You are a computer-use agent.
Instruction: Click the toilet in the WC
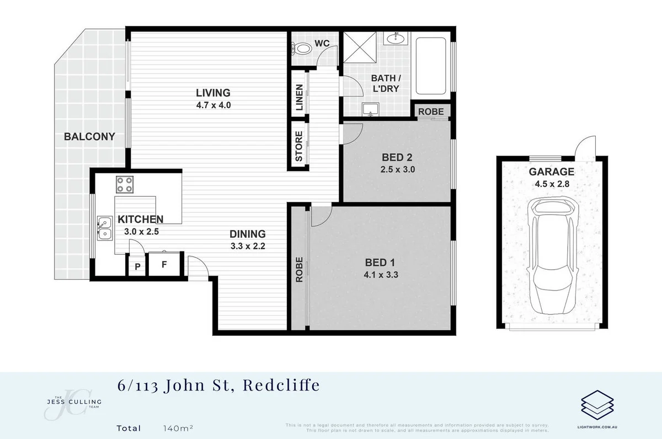pyautogui.click(x=302, y=50)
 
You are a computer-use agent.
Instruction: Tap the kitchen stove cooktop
pyautogui.click(x=125, y=184)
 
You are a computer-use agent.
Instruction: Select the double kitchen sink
pyautogui.click(x=104, y=228)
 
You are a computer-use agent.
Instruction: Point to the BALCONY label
pyautogui.click(x=89, y=137)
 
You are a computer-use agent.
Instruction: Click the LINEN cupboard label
pyautogui.click(x=300, y=98)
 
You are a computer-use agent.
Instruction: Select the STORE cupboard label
pyautogui.click(x=300, y=146)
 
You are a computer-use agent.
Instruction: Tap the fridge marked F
pyautogui.click(x=164, y=264)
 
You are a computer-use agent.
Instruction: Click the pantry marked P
pyautogui.click(x=136, y=267)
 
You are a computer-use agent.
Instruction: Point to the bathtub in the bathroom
pyautogui.click(x=433, y=66)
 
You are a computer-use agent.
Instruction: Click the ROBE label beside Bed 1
pyautogui.click(x=300, y=270)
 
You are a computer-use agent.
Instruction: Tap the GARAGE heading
pyautogui.click(x=552, y=172)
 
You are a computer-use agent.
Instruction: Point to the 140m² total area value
pyautogui.click(x=178, y=428)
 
